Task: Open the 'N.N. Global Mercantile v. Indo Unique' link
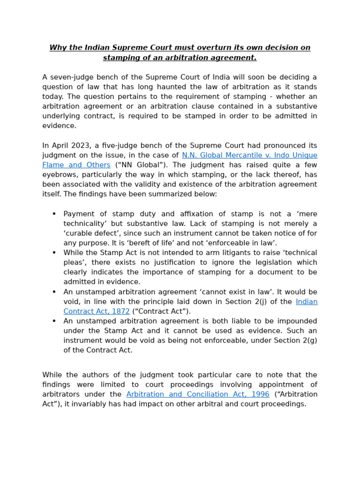(249, 155)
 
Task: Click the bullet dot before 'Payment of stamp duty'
(54, 214)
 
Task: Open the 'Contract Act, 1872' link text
(97, 311)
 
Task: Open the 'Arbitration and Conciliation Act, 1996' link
(198, 394)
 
